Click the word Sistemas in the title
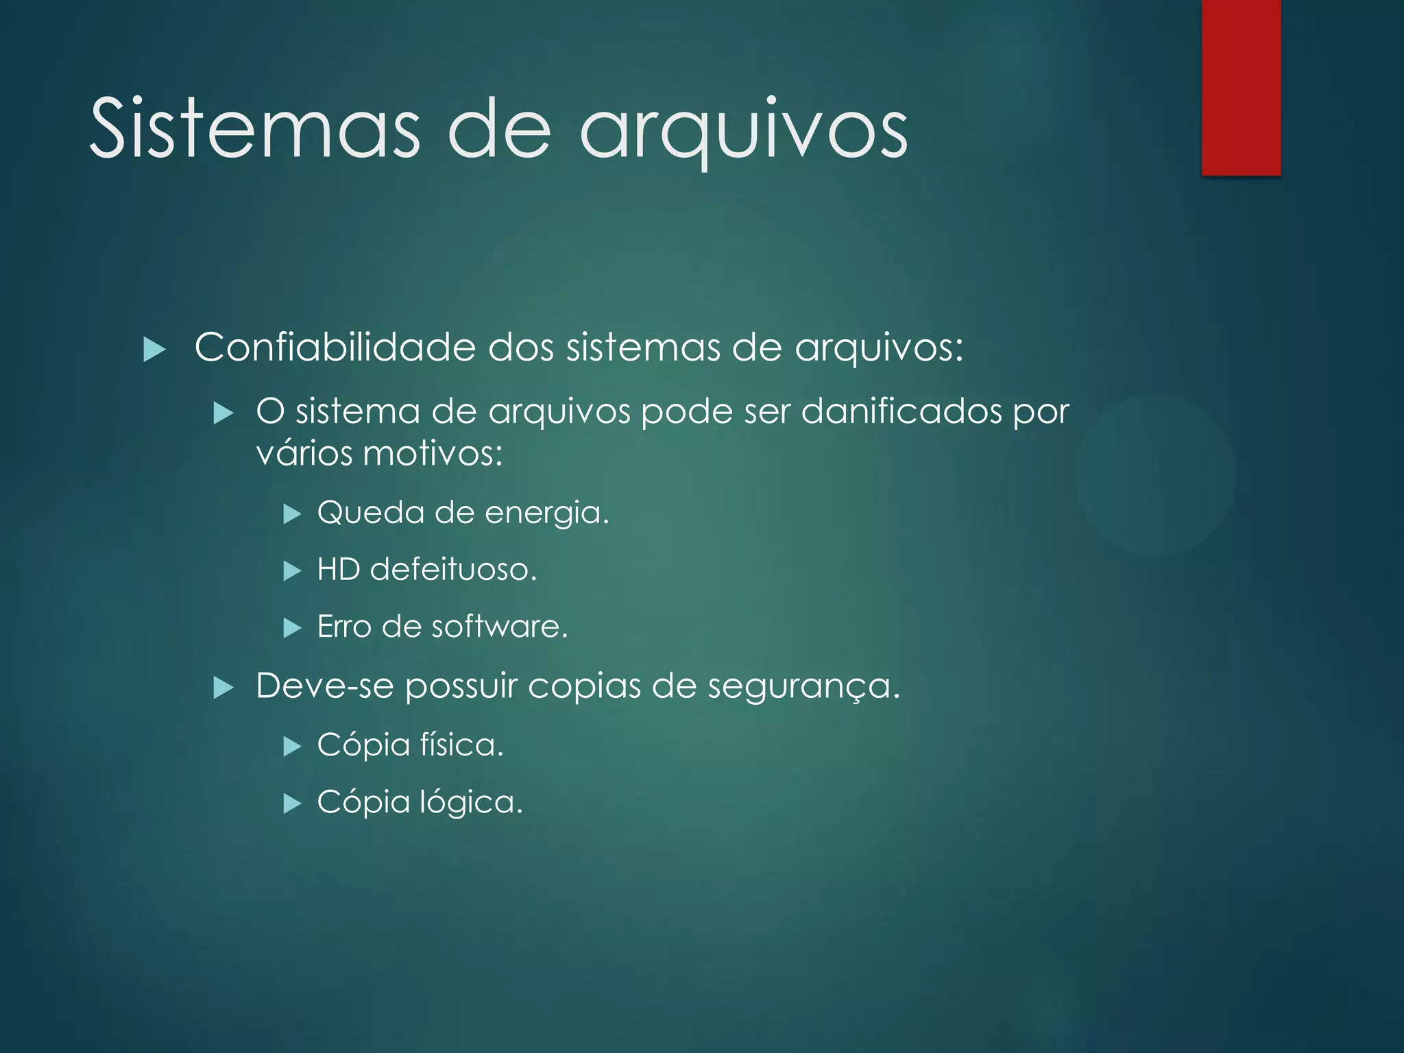coord(254,129)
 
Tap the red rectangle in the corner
coord(1241,88)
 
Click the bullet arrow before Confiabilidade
coord(155,350)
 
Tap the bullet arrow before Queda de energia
coord(293,513)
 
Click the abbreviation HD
coord(339,569)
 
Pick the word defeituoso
coord(453,569)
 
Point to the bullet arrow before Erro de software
coord(293,628)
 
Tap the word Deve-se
coord(324,686)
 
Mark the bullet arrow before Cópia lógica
coord(293,803)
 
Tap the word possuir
coord(461,686)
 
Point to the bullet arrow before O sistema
coord(223,413)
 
